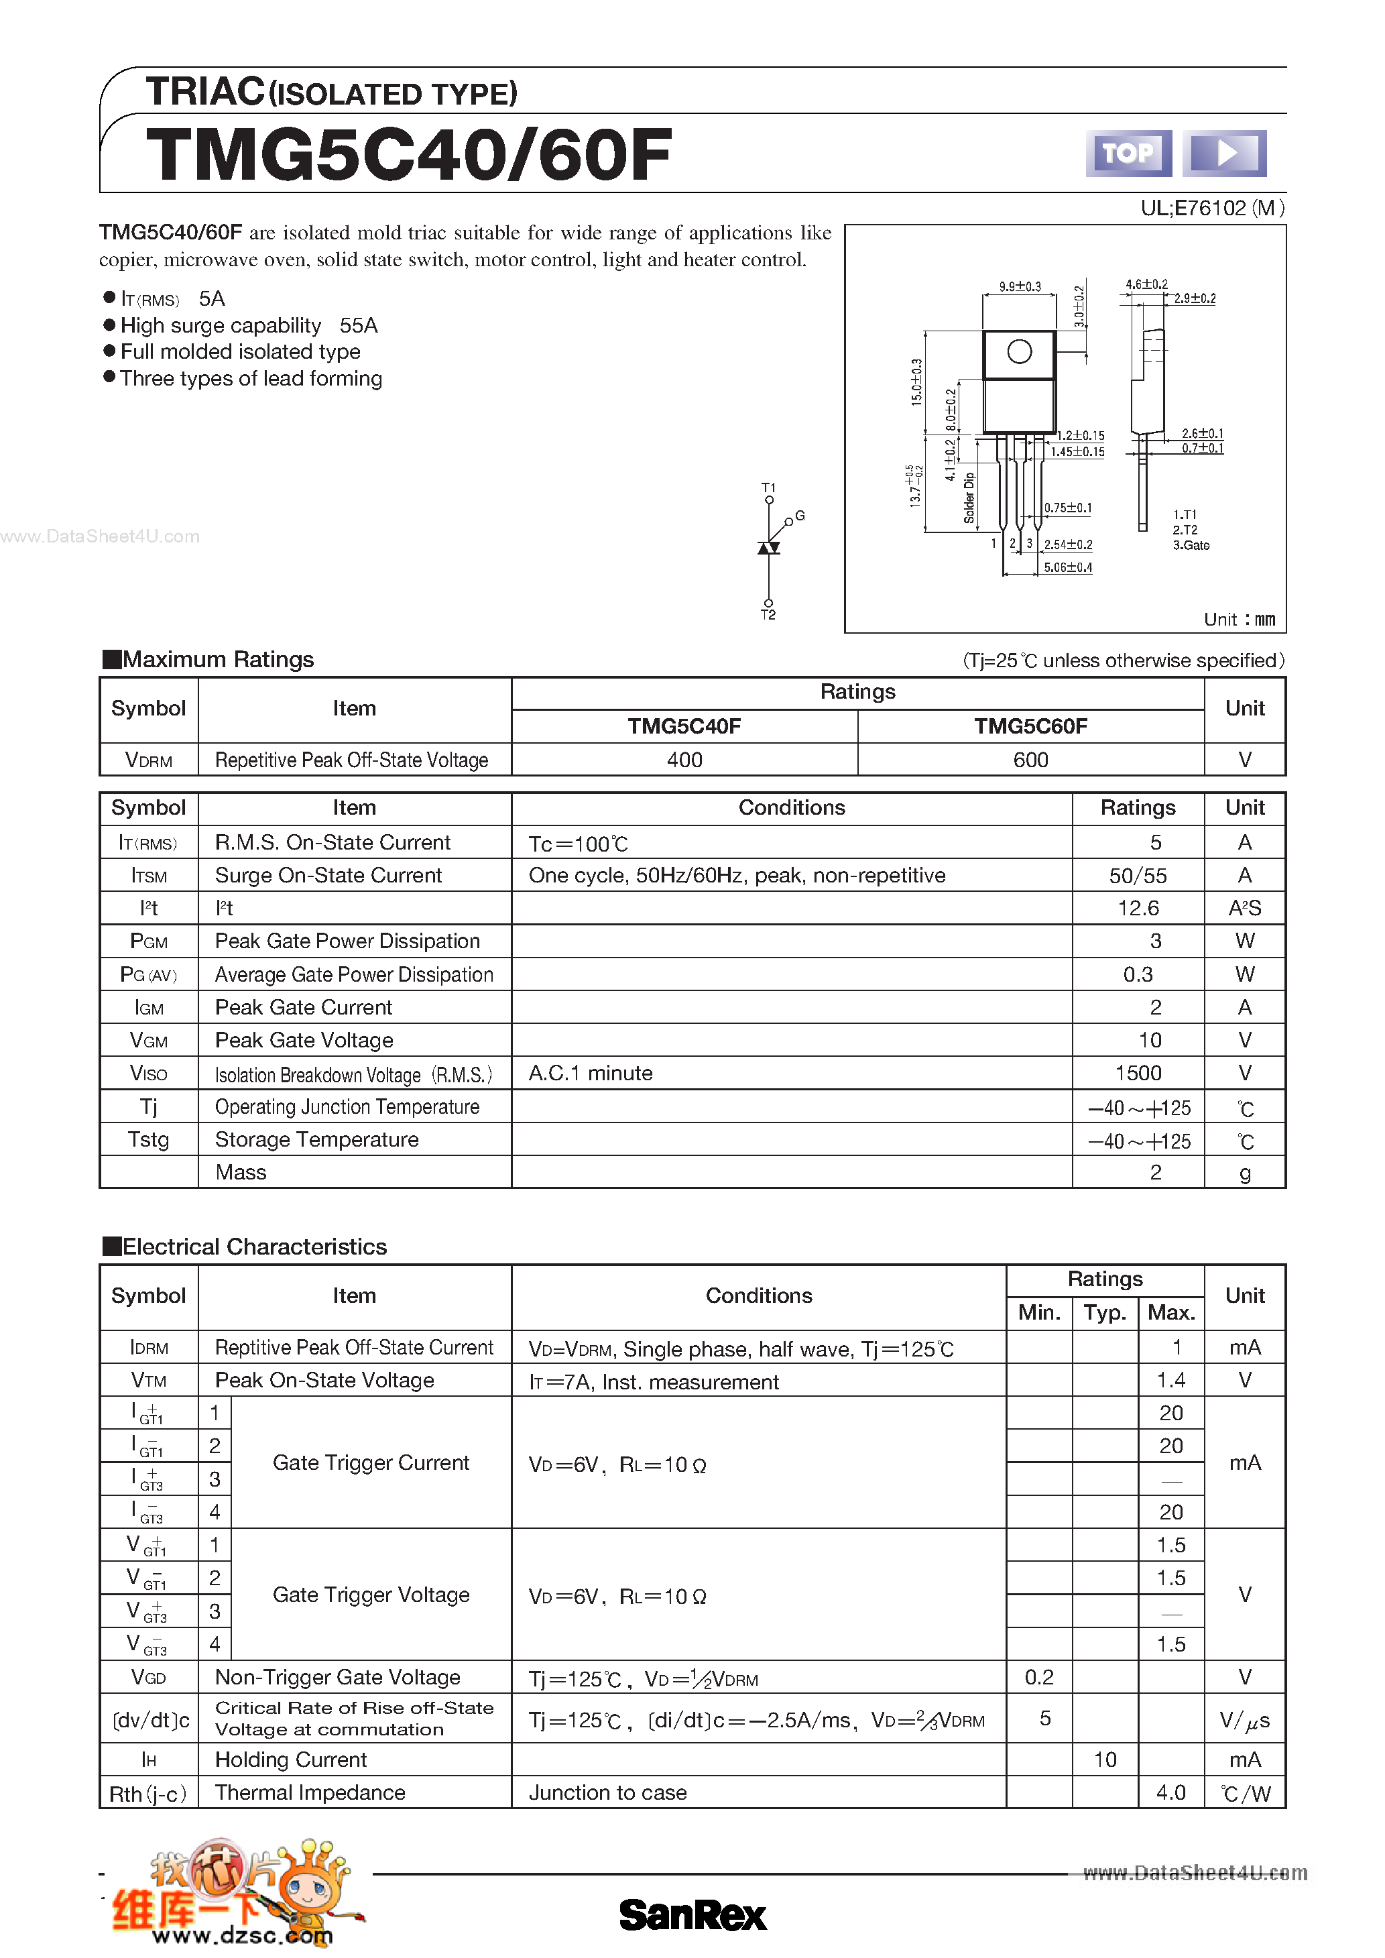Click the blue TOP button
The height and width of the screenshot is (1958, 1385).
coord(1128,154)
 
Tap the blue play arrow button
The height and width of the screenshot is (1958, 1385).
coord(1224,154)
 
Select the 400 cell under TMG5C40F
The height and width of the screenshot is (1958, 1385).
coord(684,760)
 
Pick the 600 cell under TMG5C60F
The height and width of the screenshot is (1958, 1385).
coord(1030,760)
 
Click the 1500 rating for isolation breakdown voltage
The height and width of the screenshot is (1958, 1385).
coord(1138,1073)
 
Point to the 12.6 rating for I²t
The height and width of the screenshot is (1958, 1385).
coord(1138,908)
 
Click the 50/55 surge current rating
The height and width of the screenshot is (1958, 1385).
coord(1138,876)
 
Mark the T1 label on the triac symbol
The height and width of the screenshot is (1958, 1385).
coord(768,487)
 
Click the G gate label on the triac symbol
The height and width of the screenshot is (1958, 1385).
coord(800,516)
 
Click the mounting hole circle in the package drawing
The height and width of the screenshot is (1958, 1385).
coord(1019,351)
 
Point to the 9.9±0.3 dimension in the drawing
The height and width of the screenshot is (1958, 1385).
coord(1020,286)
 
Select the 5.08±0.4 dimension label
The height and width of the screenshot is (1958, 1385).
coord(1068,567)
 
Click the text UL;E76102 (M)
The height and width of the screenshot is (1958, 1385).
coord(1212,208)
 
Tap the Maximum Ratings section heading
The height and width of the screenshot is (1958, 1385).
coord(217,659)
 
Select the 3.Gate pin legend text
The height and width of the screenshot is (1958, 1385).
coord(1191,546)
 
